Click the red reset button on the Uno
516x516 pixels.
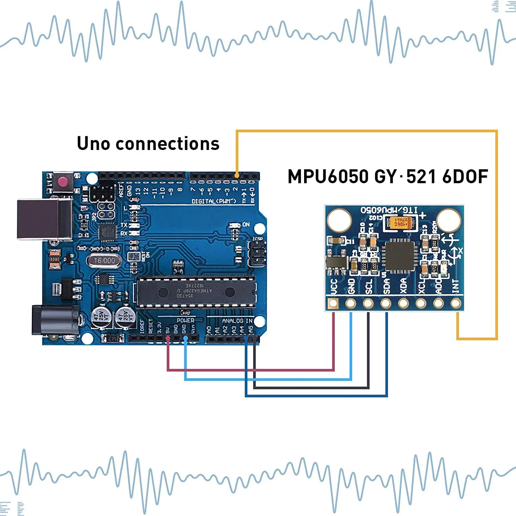[63, 181]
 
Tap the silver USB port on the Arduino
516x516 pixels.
[44, 219]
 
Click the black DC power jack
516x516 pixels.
[55, 320]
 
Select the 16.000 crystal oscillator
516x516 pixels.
[104, 261]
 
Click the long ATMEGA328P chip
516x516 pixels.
[196, 292]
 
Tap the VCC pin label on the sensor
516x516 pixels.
[333, 287]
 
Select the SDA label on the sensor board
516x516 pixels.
[386, 287]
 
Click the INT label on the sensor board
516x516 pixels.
[455, 286]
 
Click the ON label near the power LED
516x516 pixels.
[246, 225]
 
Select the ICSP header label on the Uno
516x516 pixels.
[258, 239]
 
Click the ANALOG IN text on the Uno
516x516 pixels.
[237, 321]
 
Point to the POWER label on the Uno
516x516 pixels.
[185, 320]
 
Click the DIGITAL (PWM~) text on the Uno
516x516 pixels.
[214, 201]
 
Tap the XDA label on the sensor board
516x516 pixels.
[404, 287]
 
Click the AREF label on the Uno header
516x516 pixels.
[121, 190]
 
